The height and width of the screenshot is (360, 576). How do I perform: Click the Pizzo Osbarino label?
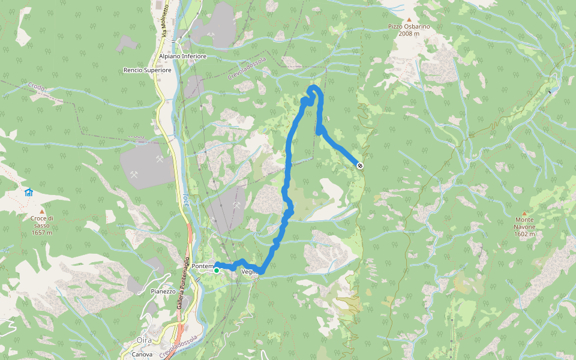coord(409,26)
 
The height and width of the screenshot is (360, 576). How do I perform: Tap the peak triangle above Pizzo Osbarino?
coord(409,19)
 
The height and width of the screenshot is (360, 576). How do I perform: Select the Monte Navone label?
coord(524,220)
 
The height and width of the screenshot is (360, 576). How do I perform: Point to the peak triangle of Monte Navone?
coord(524,213)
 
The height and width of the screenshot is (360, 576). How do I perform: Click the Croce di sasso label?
coord(42,218)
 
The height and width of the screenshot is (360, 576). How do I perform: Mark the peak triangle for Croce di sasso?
coord(42,211)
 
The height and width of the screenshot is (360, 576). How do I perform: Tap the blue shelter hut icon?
coord(28,192)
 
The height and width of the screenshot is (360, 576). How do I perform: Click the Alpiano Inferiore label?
coord(182,56)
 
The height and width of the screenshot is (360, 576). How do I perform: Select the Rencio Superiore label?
coord(147,70)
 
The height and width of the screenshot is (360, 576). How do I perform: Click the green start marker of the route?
coord(216,271)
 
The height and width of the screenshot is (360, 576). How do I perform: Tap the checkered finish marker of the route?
coord(359,165)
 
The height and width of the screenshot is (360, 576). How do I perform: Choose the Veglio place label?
coord(250,272)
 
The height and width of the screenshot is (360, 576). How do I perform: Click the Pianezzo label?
coord(163,292)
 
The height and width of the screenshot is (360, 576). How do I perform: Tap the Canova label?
coord(142,354)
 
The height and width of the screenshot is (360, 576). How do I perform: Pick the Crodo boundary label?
coord(36,87)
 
